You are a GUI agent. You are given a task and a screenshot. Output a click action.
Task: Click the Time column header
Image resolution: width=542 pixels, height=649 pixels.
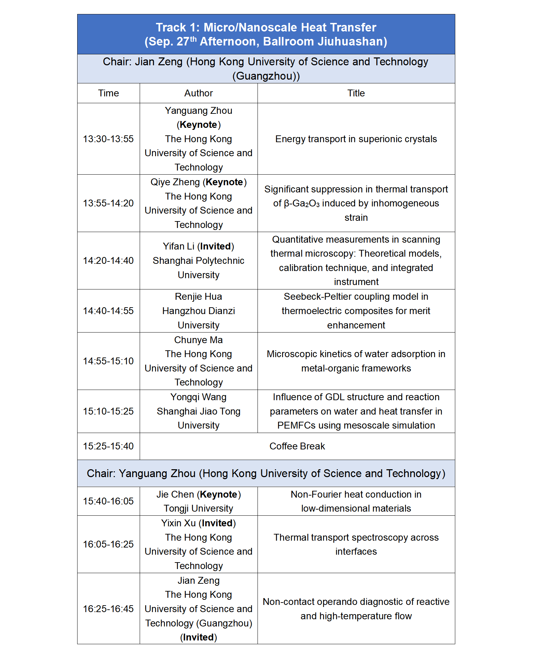pyautogui.click(x=108, y=93)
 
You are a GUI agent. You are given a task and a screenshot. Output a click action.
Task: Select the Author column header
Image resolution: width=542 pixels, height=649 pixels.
pyautogui.click(x=198, y=93)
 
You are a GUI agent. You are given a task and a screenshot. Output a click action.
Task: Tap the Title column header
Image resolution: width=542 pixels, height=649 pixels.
pyautogui.click(x=356, y=93)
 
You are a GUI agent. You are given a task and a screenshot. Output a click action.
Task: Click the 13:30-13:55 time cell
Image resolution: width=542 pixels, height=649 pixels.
pyautogui.click(x=108, y=139)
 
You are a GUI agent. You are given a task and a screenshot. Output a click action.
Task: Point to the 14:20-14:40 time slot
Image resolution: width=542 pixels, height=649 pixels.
pyautogui.click(x=108, y=261)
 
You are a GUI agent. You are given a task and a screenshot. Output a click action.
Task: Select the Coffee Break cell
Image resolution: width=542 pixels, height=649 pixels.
pyautogui.click(x=297, y=446)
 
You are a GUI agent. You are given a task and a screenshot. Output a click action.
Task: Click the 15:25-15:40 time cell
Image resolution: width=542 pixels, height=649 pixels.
pyautogui.click(x=108, y=446)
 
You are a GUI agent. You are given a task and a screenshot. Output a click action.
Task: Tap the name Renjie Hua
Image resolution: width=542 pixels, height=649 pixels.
pyautogui.click(x=198, y=297)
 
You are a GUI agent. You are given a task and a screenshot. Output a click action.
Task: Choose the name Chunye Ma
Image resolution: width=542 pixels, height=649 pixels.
pyautogui.click(x=198, y=340)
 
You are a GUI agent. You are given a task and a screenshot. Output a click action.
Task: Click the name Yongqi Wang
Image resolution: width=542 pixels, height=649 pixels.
pyautogui.click(x=198, y=397)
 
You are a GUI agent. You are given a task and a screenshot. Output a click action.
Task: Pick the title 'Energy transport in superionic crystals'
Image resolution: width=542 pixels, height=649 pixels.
pyautogui.click(x=356, y=139)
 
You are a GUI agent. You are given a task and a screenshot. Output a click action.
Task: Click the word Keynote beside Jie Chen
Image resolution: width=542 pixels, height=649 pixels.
pyautogui.click(x=219, y=495)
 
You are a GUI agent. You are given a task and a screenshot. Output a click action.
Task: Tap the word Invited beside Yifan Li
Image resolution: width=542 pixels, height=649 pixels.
pyautogui.click(x=216, y=246)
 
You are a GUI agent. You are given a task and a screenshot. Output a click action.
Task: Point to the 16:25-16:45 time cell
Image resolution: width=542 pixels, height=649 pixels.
pyautogui.click(x=108, y=609)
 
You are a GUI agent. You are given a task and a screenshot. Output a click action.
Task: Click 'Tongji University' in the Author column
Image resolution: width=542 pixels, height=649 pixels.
pyautogui.click(x=198, y=509)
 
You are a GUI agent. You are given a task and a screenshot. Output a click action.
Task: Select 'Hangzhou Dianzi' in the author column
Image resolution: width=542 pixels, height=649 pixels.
pyautogui.click(x=198, y=311)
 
